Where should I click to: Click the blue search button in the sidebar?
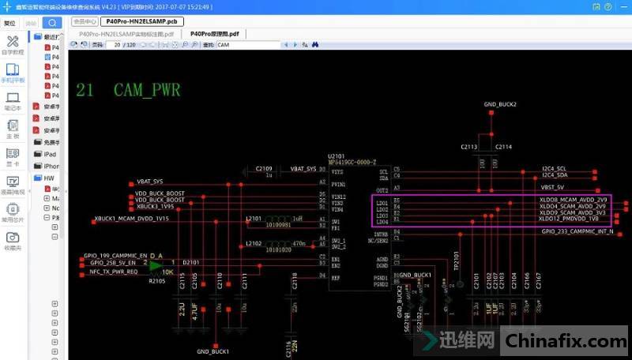coord(52,23)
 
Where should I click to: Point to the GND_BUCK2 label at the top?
coord(500,104)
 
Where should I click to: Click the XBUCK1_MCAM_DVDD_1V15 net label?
coord(132,218)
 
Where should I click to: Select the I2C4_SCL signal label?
coord(554,168)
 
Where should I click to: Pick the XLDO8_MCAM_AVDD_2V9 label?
coord(573,200)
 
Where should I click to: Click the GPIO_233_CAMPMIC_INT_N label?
coord(577,231)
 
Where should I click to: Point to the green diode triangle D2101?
coord(156,262)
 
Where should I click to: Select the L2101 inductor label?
coord(254,217)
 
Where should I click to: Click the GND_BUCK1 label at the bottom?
coord(213,351)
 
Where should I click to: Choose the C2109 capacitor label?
coord(263,168)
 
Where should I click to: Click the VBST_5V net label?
coord(552,187)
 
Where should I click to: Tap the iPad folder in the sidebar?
coord(50,154)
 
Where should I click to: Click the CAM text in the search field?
coord(224,45)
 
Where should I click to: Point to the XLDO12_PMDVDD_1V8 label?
coord(569,219)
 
